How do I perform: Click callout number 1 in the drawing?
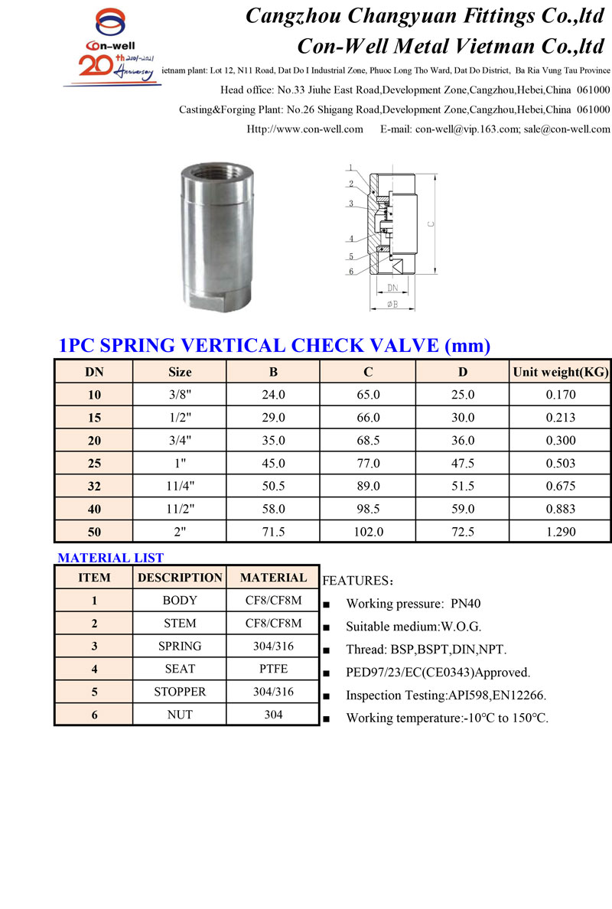click(350, 168)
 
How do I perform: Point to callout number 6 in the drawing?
click(351, 271)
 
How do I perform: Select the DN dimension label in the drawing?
click(392, 288)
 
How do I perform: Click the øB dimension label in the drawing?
click(392, 305)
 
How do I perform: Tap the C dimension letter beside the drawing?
click(431, 224)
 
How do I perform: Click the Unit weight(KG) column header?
click(560, 372)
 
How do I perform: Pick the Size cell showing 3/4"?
click(180, 440)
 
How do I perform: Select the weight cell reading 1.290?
click(560, 531)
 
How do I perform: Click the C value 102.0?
click(368, 531)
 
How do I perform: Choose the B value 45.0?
click(273, 463)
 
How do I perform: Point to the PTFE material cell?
click(273, 668)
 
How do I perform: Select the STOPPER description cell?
click(180, 691)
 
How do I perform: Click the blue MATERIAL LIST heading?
click(111, 558)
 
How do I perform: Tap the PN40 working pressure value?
click(466, 604)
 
